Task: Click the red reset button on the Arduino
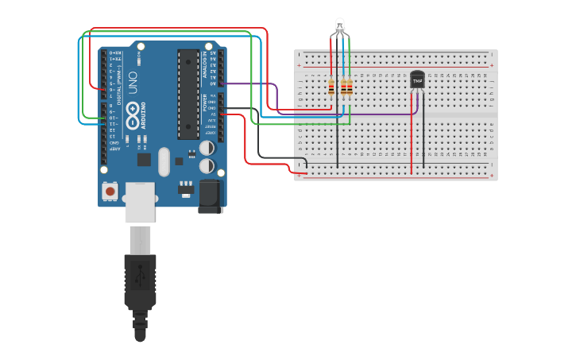point(110,192)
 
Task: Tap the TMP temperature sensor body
point(417,79)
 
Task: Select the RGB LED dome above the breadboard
point(340,25)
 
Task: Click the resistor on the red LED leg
point(331,87)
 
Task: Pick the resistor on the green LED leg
point(350,87)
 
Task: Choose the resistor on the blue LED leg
point(343,87)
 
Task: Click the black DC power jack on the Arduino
point(211,195)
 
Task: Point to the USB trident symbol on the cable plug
point(140,277)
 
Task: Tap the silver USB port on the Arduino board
point(140,201)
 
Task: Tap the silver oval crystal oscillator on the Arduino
point(164,161)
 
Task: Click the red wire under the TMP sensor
point(412,135)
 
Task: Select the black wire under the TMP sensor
point(423,135)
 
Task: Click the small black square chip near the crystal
point(144,159)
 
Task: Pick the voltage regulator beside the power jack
point(186,189)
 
